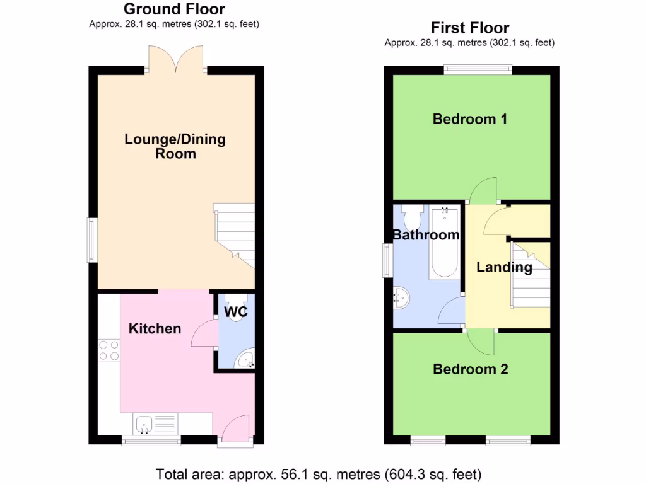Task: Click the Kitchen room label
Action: pyautogui.click(x=155, y=328)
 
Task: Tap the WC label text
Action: pyautogui.click(x=235, y=311)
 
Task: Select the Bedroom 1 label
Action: pyautogui.click(x=470, y=118)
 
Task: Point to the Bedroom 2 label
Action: pyautogui.click(x=471, y=369)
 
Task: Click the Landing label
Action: pyautogui.click(x=504, y=267)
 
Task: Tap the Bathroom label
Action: pyautogui.click(x=426, y=235)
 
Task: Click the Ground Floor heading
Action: pyautogui.click(x=174, y=9)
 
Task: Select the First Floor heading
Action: pyautogui.click(x=470, y=28)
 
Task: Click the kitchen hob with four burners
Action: pyautogui.click(x=109, y=350)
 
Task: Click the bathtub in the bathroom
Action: pyautogui.click(x=444, y=243)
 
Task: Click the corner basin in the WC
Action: pyautogui.click(x=245, y=359)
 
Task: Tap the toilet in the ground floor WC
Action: pyautogui.click(x=236, y=315)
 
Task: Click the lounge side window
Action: pyautogui.click(x=92, y=239)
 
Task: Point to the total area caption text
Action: pyautogui.click(x=319, y=473)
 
